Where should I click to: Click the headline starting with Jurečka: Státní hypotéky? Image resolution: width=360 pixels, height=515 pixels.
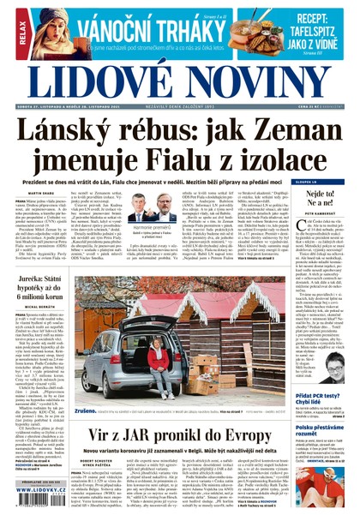coord(47,279)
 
